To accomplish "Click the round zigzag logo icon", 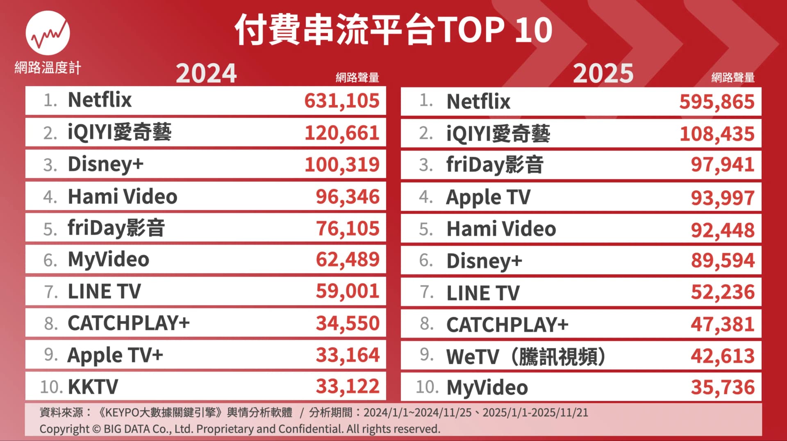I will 48,33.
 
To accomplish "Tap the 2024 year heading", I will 206,73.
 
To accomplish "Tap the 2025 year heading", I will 603,73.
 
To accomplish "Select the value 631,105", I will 342,101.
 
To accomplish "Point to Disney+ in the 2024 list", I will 105,165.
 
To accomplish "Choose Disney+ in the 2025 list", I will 484,261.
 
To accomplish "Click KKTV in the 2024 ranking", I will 93,386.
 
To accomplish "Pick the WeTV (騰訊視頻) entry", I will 526,356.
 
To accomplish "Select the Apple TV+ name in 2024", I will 115,355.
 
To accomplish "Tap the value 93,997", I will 722,198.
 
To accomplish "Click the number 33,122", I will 348,386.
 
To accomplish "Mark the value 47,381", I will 722,324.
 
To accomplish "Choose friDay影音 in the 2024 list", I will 116,228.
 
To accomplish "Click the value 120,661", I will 342,133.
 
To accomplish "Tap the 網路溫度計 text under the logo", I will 48,68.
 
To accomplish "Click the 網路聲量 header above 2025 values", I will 733,78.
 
